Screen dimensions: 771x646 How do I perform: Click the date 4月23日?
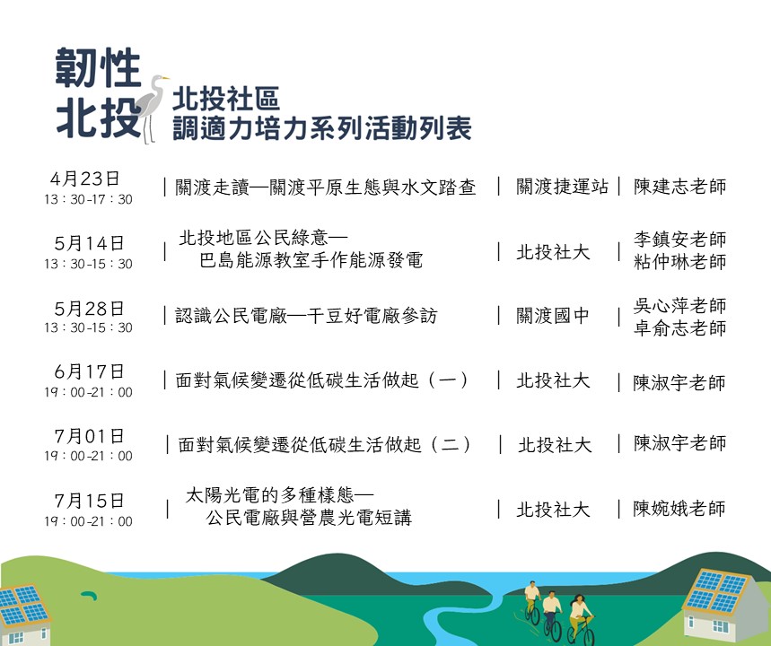pos(84,179)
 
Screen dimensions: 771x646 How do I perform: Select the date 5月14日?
pos(89,243)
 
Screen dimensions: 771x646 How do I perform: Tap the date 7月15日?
pos(89,501)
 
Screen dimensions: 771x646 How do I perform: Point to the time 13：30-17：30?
pos(89,199)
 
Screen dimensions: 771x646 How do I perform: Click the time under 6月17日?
pos(89,392)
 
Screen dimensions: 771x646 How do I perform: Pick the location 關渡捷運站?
pos(562,187)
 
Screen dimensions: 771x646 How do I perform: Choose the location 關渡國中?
pos(553,316)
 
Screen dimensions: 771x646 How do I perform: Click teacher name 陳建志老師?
pos(679,187)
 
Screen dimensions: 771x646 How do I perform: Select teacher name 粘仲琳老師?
pos(679,262)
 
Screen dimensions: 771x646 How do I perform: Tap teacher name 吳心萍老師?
pos(679,306)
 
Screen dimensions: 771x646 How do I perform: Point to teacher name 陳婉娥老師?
pos(679,509)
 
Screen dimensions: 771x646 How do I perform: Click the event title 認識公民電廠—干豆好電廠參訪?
pos(306,316)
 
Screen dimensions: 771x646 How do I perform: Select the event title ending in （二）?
pos(325,445)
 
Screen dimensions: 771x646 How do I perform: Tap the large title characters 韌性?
pos(98,68)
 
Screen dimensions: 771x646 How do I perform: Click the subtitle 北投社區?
pos(226,99)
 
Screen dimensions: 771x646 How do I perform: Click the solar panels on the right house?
pos(715,591)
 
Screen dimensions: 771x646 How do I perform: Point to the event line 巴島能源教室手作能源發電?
pos(311,260)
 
